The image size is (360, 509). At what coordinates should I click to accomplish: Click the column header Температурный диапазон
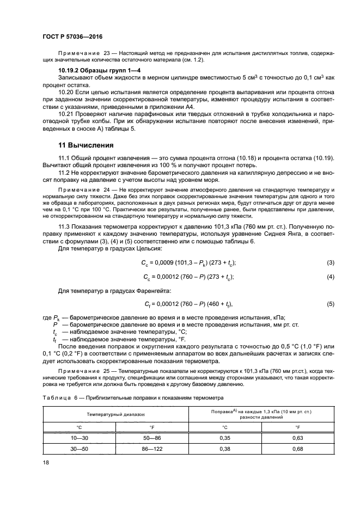pyautogui.click(x=116, y=414)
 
